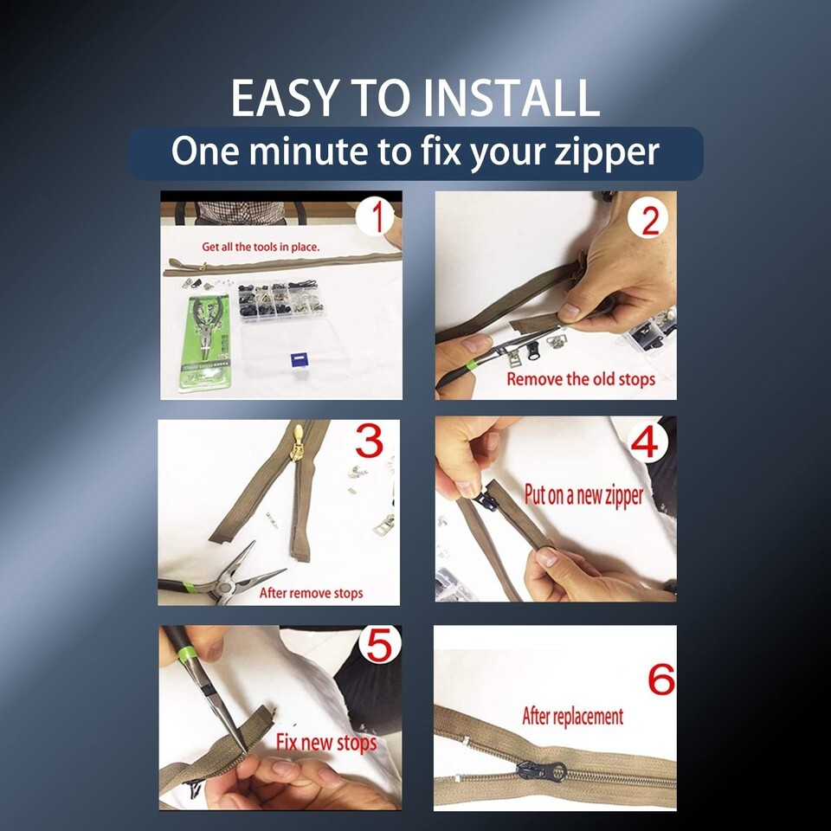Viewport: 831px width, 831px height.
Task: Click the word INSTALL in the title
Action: click(x=512, y=98)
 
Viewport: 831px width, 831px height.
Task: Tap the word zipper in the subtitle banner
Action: click(x=606, y=152)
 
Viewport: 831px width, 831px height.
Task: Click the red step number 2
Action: click(x=650, y=221)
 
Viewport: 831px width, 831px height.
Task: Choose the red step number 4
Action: click(x=645, y=442)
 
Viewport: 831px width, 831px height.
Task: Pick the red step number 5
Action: click(x=379, y=645)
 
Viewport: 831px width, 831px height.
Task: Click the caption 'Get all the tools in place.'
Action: click(x=261, y=247)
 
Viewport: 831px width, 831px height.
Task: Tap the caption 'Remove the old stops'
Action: click(x=581, y=379)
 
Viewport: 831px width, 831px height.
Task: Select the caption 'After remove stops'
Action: click(x=311, y=593)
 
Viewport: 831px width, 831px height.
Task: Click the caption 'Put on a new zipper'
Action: click(x=583, y=495)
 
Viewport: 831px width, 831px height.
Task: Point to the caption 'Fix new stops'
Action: click(x=326, y=743)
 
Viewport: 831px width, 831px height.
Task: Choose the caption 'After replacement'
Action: click(x=573, y=716)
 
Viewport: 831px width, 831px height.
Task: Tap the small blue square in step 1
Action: click(x=299, y=360)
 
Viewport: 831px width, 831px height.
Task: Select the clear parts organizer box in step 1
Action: click(x=280, y=300)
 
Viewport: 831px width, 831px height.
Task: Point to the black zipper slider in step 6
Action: click(x=542, y=771)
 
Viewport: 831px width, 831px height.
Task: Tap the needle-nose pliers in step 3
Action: click(x=222, y=577)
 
